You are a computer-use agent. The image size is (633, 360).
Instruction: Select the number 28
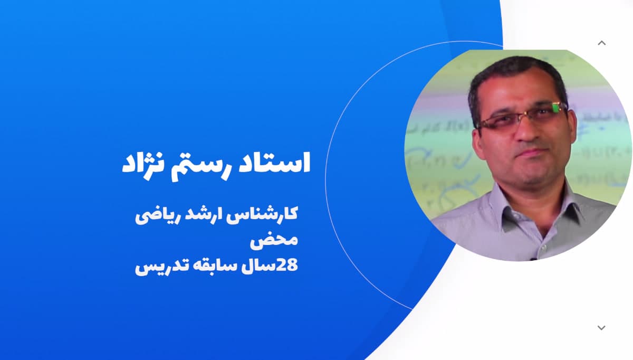pos(289,266)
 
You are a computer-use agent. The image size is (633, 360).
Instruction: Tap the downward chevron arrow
pos(601,328)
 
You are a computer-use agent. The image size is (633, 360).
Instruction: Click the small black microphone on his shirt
pos(532,259)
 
